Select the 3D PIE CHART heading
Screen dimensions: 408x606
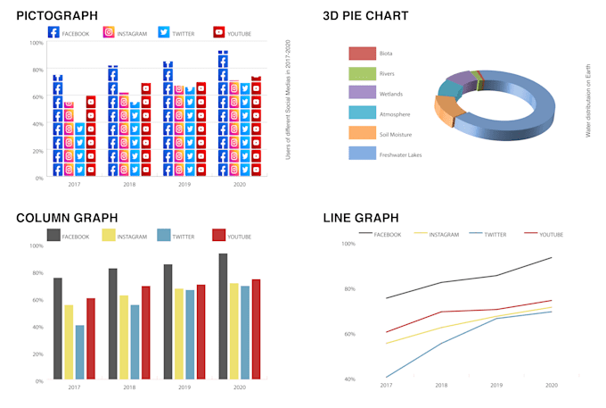click(x=367, y=15)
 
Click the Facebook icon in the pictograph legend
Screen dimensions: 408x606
click(x=53, y=33)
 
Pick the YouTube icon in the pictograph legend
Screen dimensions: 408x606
click(x=218, y=33)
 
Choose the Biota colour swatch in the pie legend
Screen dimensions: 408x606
click(x=361, y=54)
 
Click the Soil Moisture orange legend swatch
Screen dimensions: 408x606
click(x=361, y=133)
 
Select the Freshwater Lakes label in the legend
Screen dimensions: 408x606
click(x=400, y=154)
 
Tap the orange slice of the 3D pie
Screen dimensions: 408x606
click(x=448, y=114)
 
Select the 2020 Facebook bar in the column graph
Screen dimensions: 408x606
click(x=223, y=317)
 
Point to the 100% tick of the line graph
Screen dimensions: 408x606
click(x=349, y=244)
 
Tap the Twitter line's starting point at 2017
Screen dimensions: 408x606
click(x=387, y=377)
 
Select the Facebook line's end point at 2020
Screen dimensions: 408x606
click(x=552, y=258)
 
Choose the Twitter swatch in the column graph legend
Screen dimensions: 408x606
click(x=163, y=235)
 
